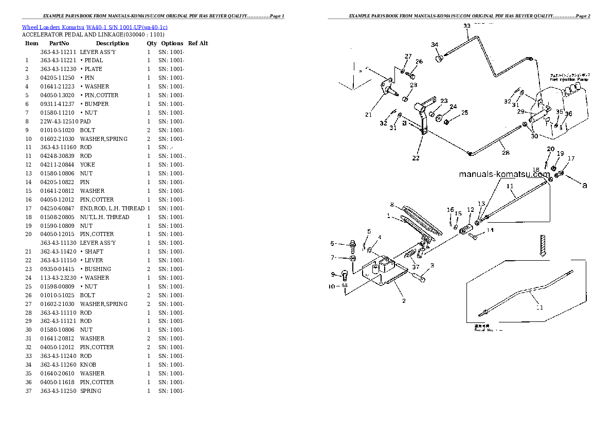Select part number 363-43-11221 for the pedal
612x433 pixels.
58,60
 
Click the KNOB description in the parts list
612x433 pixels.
88,365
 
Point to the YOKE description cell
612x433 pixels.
87,165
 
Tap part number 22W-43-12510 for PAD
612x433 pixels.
58,121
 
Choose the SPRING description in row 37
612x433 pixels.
91,391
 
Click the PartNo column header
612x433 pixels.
59,43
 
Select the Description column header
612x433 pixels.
112,43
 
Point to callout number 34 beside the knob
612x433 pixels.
435,45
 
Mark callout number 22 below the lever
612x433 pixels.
416,158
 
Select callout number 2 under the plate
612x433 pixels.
404,301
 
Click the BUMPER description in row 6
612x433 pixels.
94,104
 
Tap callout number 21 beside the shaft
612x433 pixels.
368,115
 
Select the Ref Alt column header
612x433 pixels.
198,43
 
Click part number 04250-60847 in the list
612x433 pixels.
58,208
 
